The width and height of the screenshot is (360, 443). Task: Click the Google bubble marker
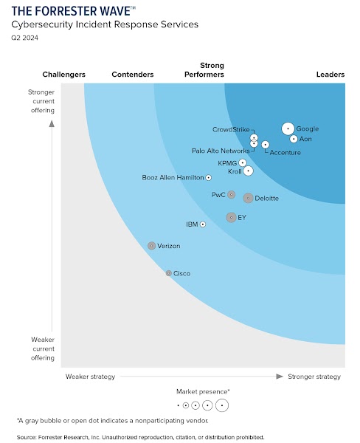[288, 128]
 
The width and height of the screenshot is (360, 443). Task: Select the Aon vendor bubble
[294, 139]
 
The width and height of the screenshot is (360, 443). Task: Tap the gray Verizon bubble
[151, 245]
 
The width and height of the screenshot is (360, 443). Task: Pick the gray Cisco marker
[168, 273]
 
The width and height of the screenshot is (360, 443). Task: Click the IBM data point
[203, 224]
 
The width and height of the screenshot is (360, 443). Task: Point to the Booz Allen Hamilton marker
[208, 177]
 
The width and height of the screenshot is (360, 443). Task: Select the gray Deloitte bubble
[248, 198]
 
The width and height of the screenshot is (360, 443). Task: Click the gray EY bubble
[231, 217]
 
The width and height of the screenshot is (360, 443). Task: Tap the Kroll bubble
[249, 171]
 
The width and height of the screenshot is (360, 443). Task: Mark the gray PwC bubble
[232, 195]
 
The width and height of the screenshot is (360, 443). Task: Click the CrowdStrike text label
[231, 129]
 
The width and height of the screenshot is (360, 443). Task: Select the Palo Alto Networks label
[221, 151]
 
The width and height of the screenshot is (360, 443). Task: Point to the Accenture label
[285, 152]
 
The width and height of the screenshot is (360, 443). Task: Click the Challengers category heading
[63, 74]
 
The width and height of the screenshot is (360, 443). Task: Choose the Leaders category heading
[330, 74]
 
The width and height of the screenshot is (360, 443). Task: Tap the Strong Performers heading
[203, 69]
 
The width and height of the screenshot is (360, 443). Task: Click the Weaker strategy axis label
[90, 377]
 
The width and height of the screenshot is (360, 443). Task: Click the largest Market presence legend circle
[221, 405]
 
